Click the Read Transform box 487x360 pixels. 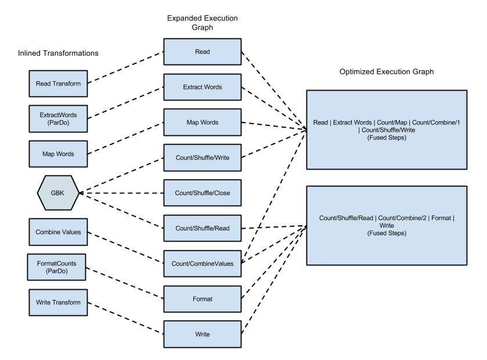(58, 84)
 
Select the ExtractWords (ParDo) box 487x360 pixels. (58, 119)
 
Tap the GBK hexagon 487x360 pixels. (58, 193)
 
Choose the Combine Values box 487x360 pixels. (58, 232)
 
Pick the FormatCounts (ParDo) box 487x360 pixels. (57, 267)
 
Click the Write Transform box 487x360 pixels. (58, 303)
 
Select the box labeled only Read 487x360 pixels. (202, 52)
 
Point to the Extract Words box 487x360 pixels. (202, 87)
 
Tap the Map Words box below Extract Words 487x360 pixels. (202, 122)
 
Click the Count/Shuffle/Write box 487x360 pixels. (202, 157)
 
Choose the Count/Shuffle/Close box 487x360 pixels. (202, 193)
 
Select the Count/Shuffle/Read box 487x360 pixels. (202, 228)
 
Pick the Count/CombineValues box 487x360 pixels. (202, 264)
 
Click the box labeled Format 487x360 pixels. (202, 299)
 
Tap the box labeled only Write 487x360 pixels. (202, 334)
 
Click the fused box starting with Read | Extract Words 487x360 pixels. (387, 129)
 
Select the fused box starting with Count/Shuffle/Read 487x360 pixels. (387, 225)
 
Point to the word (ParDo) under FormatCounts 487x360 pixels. (57, 271)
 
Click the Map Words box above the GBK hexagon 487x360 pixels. (58, 154)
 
